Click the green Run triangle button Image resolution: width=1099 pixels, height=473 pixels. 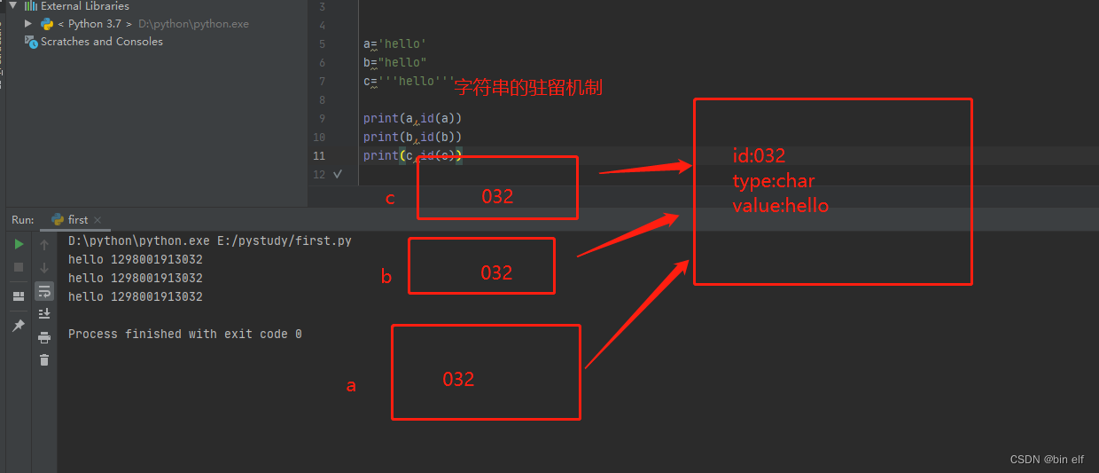click(x=19, y=244)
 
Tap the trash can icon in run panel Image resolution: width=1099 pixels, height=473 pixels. click(x=44, y=359)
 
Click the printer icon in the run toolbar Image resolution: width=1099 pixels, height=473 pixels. click(x=44, y=337)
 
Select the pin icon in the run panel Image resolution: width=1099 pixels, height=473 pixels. click(x=19, y=326)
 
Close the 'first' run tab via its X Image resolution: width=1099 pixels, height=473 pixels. click(x=97, y=220)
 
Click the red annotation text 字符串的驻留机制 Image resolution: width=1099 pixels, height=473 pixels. click(x=528, y=88)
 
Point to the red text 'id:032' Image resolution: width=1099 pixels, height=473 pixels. click(x=759, y=156)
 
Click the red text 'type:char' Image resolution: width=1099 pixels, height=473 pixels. click(x=773, y=181)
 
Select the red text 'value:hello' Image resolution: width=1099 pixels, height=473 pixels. click(x=780, y=206)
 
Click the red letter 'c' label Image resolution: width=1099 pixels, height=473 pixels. click(x=390, y=198)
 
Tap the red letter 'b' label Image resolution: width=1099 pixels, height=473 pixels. click(x=386, y=277)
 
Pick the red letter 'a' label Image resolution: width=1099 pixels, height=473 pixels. click(x=351, y=385)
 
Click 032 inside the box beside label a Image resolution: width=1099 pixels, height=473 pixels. click(x=458, y=380)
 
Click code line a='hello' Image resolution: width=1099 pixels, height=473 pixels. click(x=394, y=43)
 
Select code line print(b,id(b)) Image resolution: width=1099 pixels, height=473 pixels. click(x=412, y=137)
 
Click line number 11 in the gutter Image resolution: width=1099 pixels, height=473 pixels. click(x=319, y=155)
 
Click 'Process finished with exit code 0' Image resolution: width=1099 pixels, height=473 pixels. click(x=184, y=334)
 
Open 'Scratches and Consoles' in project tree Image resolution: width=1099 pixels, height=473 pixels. click(x=101, y=42)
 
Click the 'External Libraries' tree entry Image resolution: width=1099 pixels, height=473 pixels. click(x=84, y=6)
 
